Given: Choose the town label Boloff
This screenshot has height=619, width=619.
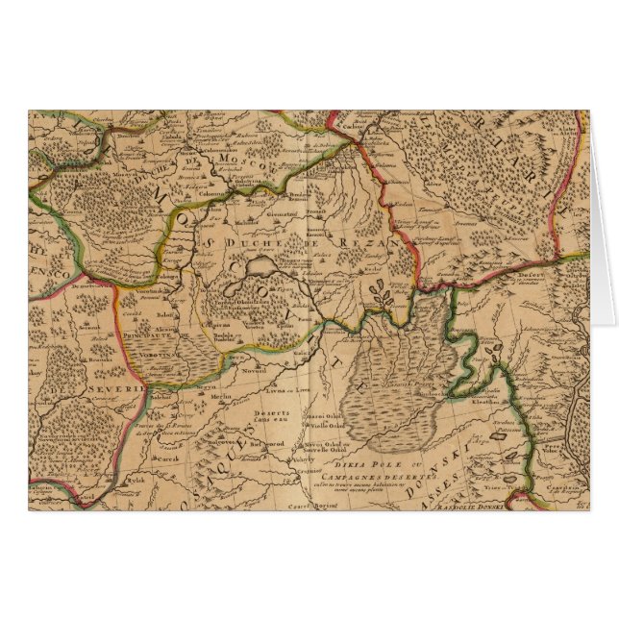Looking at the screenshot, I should pyautogui.click(x=137, y=311).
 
